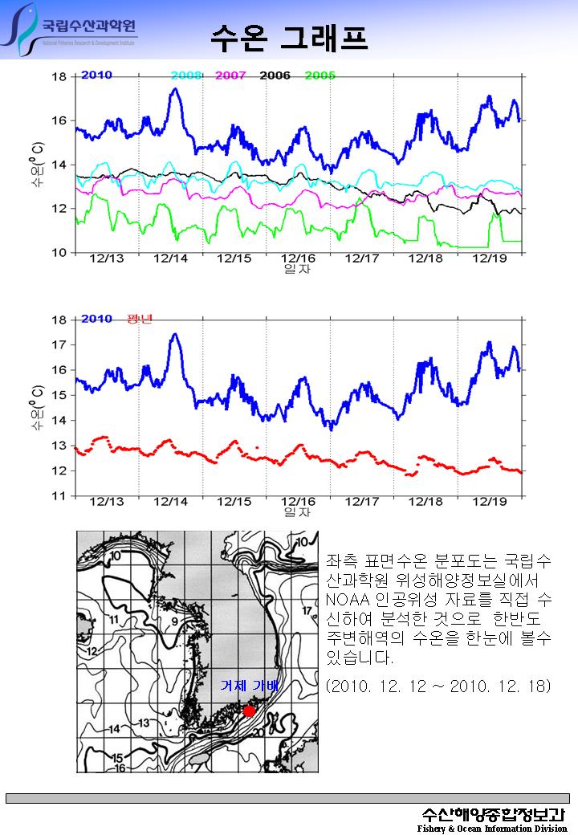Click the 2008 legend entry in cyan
point(186,75)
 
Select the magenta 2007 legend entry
point(231,75)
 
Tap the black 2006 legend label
point(275,75)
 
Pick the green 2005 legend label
point(320,75)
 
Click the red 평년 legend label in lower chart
point(140,319)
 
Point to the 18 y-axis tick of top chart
point(59,77)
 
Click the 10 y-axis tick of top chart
point(59,252)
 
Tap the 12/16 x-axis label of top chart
point(298,259)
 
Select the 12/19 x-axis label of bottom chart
point(489,501)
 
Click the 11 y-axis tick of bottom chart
point(59,496)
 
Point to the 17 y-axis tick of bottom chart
point(59,344)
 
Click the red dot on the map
point(250,711)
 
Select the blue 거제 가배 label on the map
point(249,686)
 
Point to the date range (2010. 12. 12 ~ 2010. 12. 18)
point(438,687)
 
